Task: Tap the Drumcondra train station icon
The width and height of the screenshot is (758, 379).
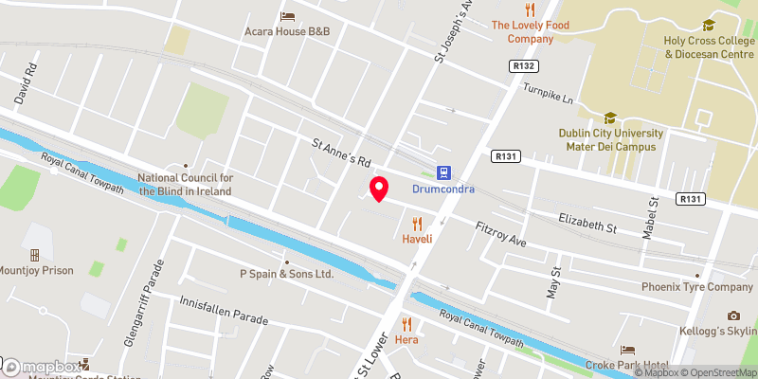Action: click(442, 171)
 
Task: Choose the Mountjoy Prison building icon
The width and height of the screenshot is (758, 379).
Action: click(35, 255)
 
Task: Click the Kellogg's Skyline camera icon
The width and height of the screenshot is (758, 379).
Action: click(732, 316)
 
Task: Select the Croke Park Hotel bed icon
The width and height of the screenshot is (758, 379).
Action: click(625, 351)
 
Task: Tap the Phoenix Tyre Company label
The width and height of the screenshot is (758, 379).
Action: click(697, 287)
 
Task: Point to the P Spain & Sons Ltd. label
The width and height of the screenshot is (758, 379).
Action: click(286, 274)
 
